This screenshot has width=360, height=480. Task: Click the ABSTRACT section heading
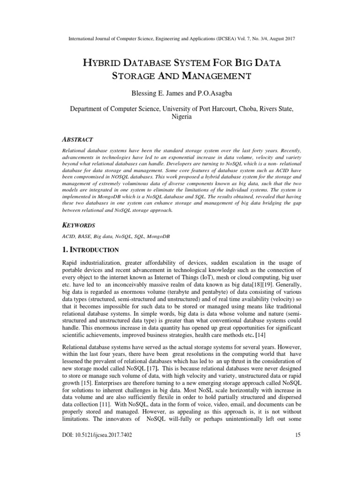77,140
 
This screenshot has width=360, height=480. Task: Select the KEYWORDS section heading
79,225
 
